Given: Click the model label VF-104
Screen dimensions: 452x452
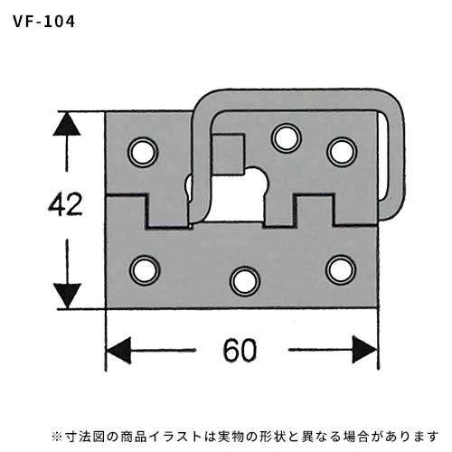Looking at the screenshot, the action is pyautogui.click(x=44, y=22).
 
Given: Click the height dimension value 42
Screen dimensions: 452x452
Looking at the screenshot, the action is pyautogui.click(x=65, y=204).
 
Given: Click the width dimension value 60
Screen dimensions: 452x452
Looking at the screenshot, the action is pyautogui.click(x=240, y=350).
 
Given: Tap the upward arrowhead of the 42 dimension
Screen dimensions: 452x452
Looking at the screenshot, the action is pyautogui.click(x=67, y=124).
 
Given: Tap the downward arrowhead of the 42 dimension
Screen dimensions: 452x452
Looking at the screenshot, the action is pyautogui.click(x=67, y=296).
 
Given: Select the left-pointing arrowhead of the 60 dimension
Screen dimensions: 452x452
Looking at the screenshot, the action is pyautogui.click(x=119, y=350).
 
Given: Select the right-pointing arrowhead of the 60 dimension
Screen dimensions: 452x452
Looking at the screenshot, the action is pyautogui.click(x=365, y=350).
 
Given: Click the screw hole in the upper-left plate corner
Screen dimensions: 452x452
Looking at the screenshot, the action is pyautogui.click(x=143, y=152).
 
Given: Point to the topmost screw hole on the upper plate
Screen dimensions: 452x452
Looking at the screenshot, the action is pyautogui.click(x=286, y=138).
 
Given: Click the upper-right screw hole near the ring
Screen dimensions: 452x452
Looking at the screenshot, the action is pyautogui.click(x=342, y=152).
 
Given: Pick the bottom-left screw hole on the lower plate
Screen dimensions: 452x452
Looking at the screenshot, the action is pyautogui.click(x=145, y=270).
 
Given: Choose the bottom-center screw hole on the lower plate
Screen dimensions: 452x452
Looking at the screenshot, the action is pyautogui.click(x=245, y=281).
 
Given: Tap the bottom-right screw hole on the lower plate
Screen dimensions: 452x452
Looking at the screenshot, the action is pyautogui.click(x=342, y=270).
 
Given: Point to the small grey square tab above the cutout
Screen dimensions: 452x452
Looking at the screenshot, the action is pyautogui.click(x=228, y=155).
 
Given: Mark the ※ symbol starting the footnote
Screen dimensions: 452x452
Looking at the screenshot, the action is pyautogui.click(x=57, y=436).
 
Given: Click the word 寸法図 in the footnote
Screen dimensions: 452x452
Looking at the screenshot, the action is pyautogui.click(x=84, y=436).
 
